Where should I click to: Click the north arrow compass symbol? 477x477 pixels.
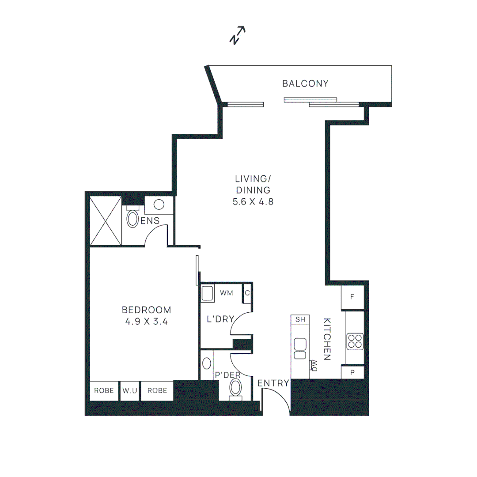[237, 35]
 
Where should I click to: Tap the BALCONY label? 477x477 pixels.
[306, 83]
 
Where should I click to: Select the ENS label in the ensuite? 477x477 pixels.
[150, 221]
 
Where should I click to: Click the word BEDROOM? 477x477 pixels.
[146, 310]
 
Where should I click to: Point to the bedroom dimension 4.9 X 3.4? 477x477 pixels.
[146, 322]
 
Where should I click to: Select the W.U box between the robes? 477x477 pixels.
[130, 391]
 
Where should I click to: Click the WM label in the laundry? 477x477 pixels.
[227, 293]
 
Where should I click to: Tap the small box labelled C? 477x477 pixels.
[247, 293]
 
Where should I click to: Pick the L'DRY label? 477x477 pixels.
[220, 319]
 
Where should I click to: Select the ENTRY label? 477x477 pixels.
[273, 383]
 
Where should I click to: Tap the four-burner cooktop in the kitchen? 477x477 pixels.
[355, 341]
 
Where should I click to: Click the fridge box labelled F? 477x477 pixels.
[352, 297]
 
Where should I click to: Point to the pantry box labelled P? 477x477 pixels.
[352, 372]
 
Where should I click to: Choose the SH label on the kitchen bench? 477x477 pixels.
[300, 319]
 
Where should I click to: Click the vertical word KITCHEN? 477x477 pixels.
[327, 339]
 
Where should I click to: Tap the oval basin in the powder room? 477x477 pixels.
[207, 363]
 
